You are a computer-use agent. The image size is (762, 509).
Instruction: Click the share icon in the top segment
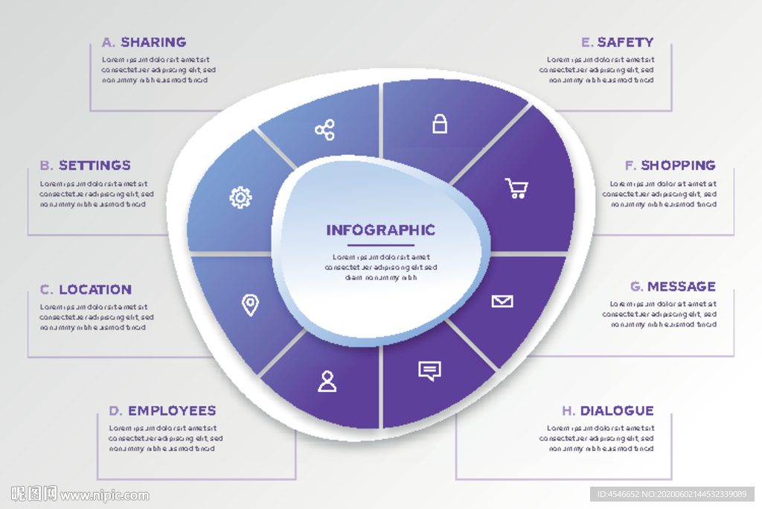point(324,131)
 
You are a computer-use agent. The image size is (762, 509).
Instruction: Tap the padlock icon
point(440,124)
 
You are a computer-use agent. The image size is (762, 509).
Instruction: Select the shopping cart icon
point(516,188)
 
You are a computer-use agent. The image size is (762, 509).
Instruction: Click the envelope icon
point(502,301)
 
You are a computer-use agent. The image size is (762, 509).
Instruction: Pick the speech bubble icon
point(429,370)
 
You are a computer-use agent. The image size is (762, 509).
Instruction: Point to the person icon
point(327,381)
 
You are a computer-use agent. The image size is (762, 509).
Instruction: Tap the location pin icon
point(251,304)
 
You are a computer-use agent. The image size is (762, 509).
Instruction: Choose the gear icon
point(240,197)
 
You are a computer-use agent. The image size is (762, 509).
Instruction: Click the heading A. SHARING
point(144,42)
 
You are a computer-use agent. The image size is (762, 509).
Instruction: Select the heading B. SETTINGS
point(85,165)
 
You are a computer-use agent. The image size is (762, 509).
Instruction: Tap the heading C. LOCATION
point(86,290)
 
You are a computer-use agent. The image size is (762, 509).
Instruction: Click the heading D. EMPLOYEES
point(162,411)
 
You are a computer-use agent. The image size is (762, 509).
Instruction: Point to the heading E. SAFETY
point(617,42)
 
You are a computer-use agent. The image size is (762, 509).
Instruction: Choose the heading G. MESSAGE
point(673,287)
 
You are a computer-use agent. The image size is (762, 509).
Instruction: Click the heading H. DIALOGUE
point(607,411)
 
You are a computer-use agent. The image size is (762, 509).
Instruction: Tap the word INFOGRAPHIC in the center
point(380,230)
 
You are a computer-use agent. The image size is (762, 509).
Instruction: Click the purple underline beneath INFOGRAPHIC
point(380,245)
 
